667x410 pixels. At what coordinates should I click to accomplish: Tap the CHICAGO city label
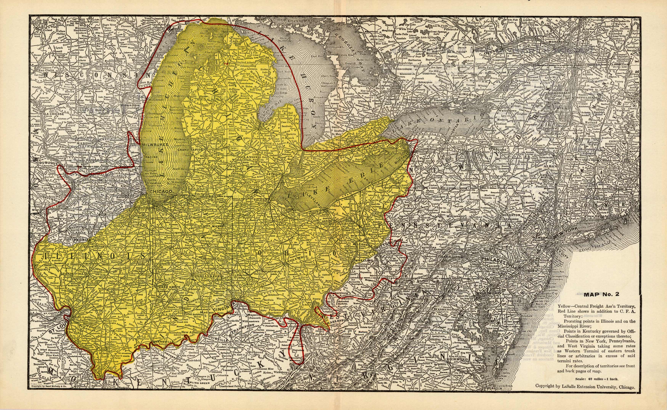(x=161, y=191)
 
